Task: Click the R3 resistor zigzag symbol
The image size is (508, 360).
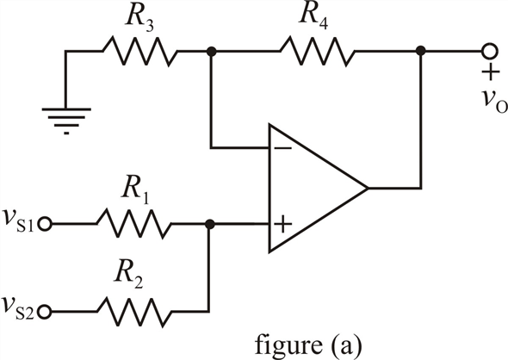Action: (x=140, y=51)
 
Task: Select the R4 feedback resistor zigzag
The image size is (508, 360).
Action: (x=318, y=51)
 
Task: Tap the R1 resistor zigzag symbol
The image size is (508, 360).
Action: (x=134, y=224)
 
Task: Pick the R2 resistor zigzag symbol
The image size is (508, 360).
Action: (x=134, y=312)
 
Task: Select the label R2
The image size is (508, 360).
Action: (x=128, y=275)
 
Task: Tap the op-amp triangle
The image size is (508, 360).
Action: (x=319, y=188)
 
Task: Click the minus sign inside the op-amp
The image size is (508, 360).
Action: (x=282, y=148)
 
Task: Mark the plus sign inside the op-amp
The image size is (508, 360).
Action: (x=282, y=224)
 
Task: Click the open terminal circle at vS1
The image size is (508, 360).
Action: (x=45, y=224)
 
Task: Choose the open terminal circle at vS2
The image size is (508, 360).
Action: (x=45, y=312)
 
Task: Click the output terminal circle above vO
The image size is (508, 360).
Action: (x=488, y=51)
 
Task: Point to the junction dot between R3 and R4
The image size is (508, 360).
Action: (x=211, y=51)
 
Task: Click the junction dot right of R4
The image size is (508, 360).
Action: (x=420, y=51)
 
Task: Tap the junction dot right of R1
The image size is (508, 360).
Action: (x=210, y=224)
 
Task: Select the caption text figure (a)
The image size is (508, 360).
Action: (x=307, y=345)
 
